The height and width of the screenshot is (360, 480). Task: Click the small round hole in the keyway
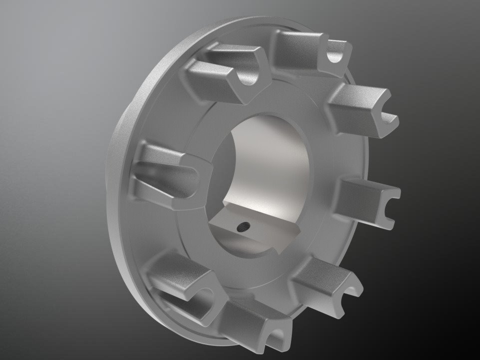(243, 227)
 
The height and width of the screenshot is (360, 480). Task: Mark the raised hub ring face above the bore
(260, 100)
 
